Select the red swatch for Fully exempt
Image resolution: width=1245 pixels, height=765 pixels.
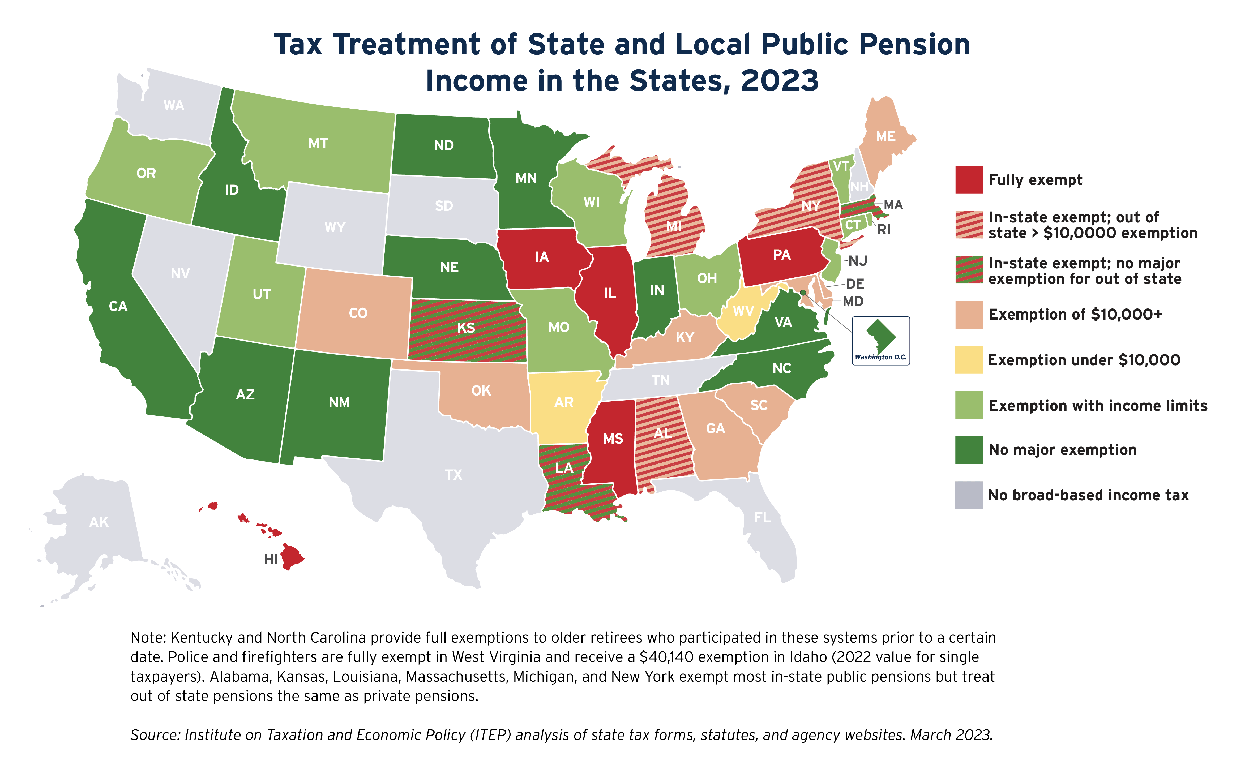click(x=969, y=180)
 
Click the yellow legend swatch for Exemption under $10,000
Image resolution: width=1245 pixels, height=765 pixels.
click(x=969, y=360)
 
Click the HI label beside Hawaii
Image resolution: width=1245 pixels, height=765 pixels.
click(x=271, y=559)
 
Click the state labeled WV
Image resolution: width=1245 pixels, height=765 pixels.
click(x=743, y=311)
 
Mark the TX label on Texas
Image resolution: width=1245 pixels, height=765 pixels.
click(x=453, y=475)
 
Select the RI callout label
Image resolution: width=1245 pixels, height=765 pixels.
click(x=884, y=230)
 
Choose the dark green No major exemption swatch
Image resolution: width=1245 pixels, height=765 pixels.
click(x=969, y=450)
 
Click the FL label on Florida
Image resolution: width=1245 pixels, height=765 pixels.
click(x=762, y=517)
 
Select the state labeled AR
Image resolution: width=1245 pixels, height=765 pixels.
click(x=564, y=402)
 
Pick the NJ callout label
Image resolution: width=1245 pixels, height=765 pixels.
click(x=858, y=261)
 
